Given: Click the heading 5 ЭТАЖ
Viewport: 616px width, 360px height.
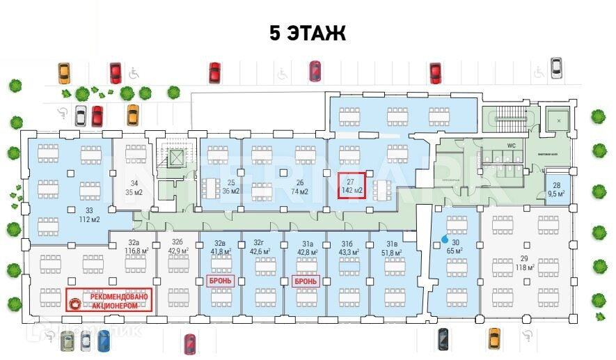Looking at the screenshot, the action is coord(308,33).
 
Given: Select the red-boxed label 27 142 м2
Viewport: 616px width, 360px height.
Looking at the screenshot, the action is coord(352,185).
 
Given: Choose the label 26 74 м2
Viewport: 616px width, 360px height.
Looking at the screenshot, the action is coord(299,187).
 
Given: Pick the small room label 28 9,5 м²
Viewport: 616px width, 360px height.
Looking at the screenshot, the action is coord(556,189).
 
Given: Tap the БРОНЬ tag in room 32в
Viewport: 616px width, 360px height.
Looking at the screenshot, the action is coord(220,281).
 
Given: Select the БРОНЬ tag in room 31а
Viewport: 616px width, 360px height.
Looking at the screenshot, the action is coord(305,281).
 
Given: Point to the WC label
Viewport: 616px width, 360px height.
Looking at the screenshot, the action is coord(511,146).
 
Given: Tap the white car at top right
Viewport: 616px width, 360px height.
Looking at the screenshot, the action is coord(556,68).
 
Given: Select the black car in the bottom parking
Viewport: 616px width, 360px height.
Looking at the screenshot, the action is coord(443,339).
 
